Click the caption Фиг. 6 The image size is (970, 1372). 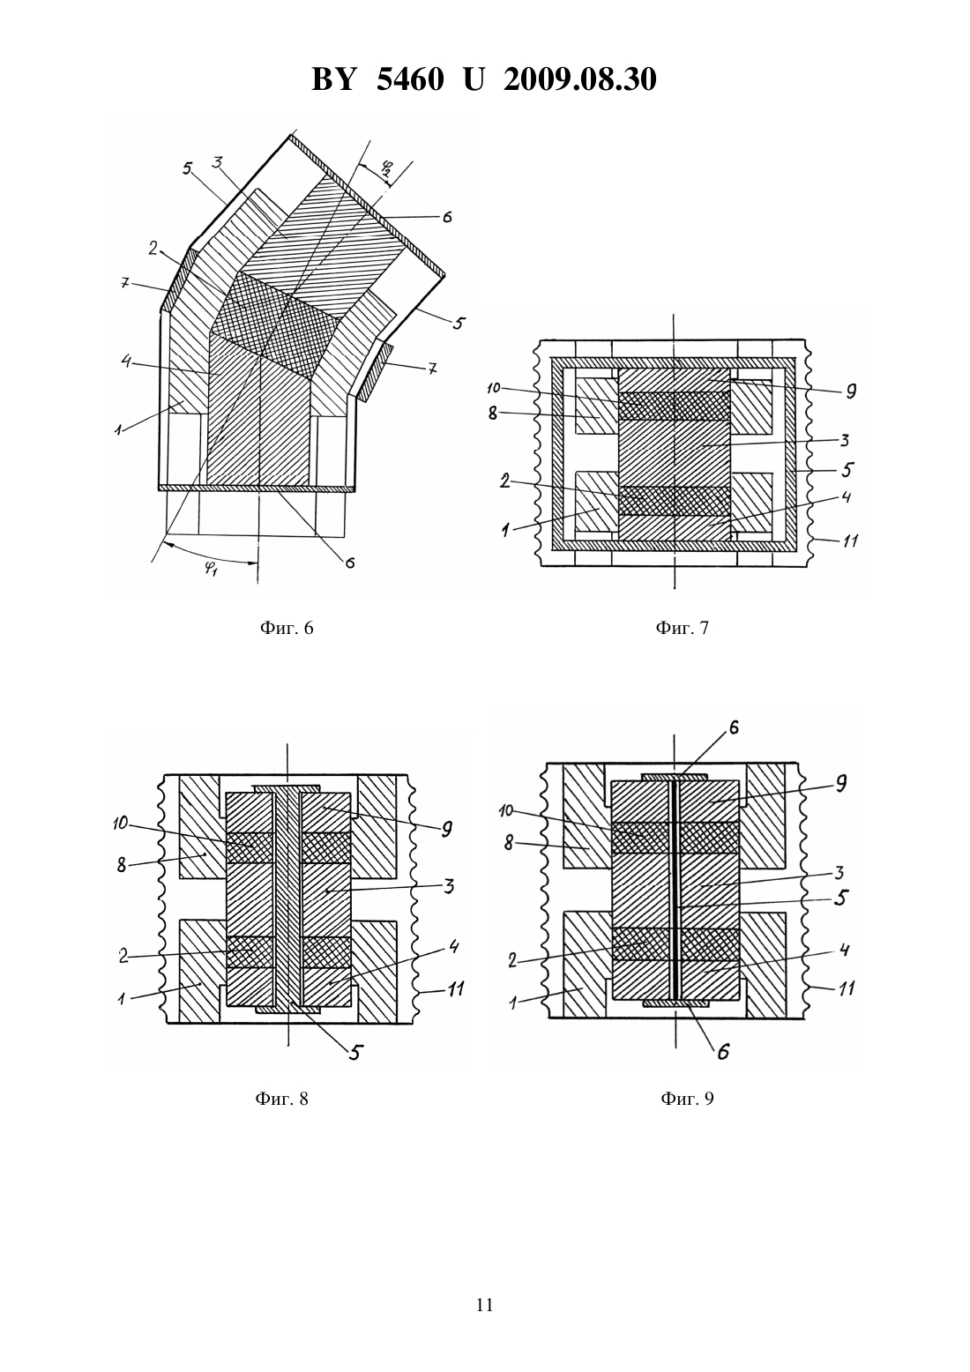coord(287,628)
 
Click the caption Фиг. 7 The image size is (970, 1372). coord(683,628)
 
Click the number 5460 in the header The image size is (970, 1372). coord(410,79)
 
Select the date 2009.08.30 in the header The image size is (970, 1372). coord(580,79)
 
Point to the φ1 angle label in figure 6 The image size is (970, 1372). coord(210,570)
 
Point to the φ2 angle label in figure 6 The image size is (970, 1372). coord(386,168)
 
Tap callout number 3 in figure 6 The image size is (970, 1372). coord(216,162)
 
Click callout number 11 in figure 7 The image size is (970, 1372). coord(850,541)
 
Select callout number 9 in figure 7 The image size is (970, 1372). coord(851,391)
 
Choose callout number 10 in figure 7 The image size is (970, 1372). coord(494,388)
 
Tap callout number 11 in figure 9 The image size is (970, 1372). coord(847,988)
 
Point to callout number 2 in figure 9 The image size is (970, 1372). coord(512,961)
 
